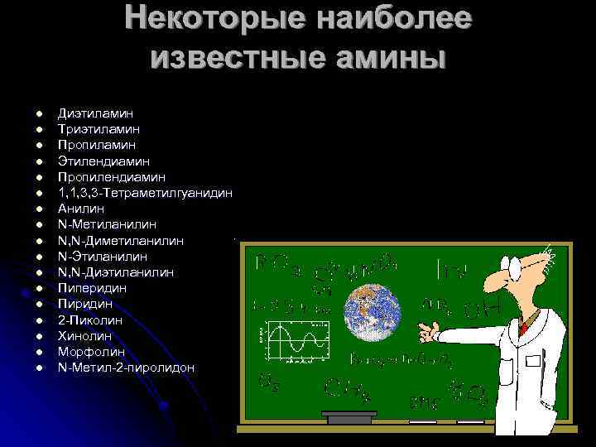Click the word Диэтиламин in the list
[x=95, y=113]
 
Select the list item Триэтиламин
[x=99, y=129]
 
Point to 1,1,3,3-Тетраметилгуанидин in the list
[x=145, y=192]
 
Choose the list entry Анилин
[x=81, y=209]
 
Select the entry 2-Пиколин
[x=89, y=320]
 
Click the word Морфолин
[x=90, y=351]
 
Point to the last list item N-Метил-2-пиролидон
[x=127, y=367]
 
